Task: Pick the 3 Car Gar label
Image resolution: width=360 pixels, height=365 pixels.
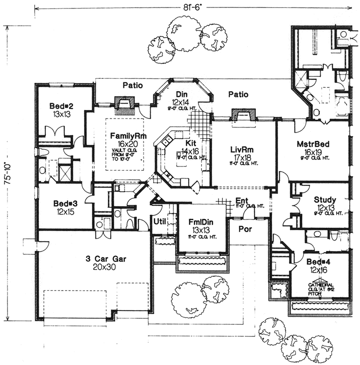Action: coord(96,257)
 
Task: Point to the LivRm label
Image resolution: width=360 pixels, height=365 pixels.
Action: coord(241,149)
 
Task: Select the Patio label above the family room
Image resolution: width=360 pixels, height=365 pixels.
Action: coord(133,85)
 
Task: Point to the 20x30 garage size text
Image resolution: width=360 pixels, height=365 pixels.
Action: coord(96,266)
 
